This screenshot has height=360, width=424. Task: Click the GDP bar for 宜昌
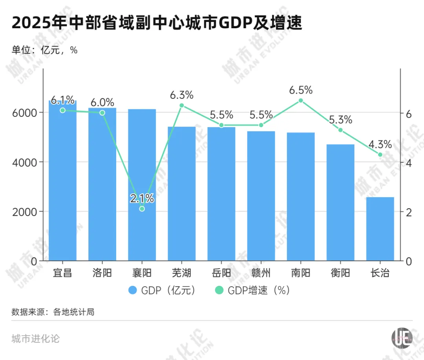pyautogui.click(x=62, y=180)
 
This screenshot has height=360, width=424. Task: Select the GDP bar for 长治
pyautogui.click(x=380, y=229)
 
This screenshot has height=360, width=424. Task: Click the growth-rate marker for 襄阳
pyautogui.click(x=142, y=209)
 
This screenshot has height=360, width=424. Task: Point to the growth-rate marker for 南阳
pyautogui.click(x=301, y=100)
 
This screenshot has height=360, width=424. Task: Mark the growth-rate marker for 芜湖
pyautogui.click(x=182, y=105)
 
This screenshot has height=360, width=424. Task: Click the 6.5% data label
pyautogui.click(x=301, y=90)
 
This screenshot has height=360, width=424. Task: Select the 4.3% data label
pyautogui.click(x=380, y=144)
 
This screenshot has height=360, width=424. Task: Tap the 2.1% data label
pyautogui.click(x=142, y=198)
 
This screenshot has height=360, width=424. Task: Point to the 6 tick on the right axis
pyautogui.click(x=408, y=114)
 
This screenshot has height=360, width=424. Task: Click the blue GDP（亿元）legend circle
pyautogui.click(x=133, y=291)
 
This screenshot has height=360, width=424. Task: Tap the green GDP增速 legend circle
pyautogui.click(x=219, y=291)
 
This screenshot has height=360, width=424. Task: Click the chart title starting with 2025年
pyautogui.click(x=157, y=24)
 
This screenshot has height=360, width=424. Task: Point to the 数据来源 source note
pyautogui.click(x=53, y=312)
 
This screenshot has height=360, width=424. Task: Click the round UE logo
pyautogui.click(x=402, y=337)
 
